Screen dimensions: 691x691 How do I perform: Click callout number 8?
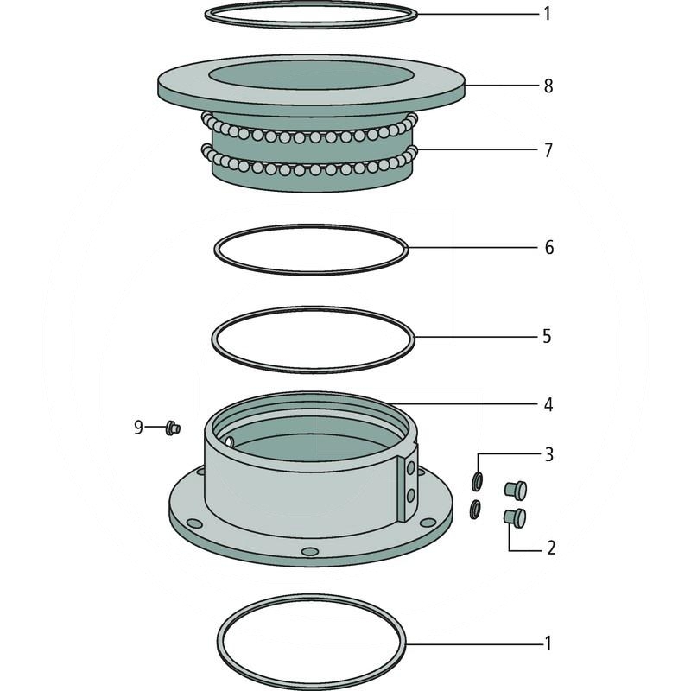point(548,86)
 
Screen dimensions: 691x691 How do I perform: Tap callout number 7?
point(548,150)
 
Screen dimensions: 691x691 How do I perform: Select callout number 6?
point(548,247)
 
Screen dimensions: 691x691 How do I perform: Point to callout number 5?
point(547,336)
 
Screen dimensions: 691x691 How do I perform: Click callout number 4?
point(548,404)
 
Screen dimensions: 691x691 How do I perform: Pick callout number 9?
point(138,427)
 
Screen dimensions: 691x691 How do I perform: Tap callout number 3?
point(548,454)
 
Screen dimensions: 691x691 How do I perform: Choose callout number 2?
point(551,548)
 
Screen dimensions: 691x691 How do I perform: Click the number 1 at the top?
point(548,14)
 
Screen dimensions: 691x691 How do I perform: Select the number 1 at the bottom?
point(548,643)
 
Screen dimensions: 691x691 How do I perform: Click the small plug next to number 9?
point(173,428)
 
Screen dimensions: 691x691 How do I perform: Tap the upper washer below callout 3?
point(477,482)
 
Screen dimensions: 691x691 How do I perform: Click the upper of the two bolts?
point(515,491)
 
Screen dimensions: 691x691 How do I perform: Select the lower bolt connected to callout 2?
point(515,517)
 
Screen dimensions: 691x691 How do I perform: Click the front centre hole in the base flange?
point(310,551)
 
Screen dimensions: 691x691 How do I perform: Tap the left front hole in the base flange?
point(194,523)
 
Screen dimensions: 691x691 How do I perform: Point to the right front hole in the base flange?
point(428,523)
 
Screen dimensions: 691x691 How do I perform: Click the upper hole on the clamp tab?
point(411,468)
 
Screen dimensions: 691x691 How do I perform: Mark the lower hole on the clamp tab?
point(411,495)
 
